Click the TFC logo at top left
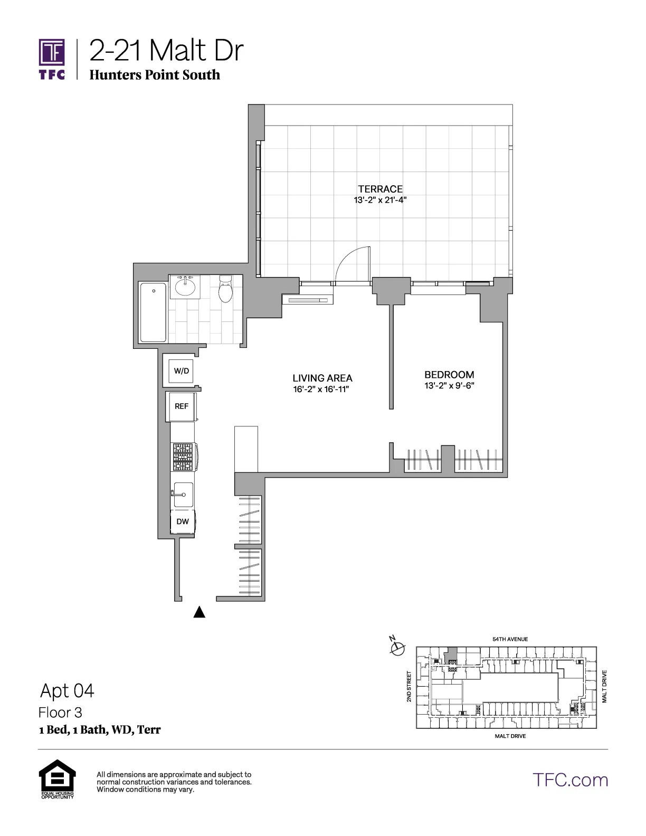52,58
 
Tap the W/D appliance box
181,371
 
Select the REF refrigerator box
181,406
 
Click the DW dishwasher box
183,521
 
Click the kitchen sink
183,495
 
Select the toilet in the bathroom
225,289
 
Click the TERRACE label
380,189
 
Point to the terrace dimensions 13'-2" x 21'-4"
380,201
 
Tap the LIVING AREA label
322,378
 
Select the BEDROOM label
449,375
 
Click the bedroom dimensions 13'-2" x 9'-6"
449,386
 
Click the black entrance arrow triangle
199,612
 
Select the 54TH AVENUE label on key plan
510,639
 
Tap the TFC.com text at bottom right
570,780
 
